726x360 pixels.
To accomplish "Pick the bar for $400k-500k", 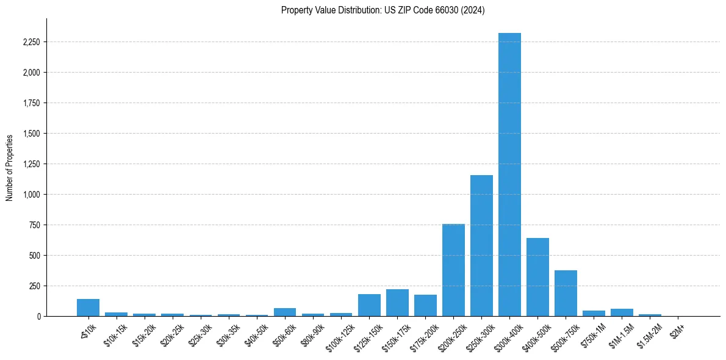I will [537, 277].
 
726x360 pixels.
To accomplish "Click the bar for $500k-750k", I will [566, 293].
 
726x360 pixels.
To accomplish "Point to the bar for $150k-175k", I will [397, 303].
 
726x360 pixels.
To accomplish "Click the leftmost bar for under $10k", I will [88, 308].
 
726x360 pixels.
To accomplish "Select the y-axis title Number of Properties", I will [10, 167].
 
